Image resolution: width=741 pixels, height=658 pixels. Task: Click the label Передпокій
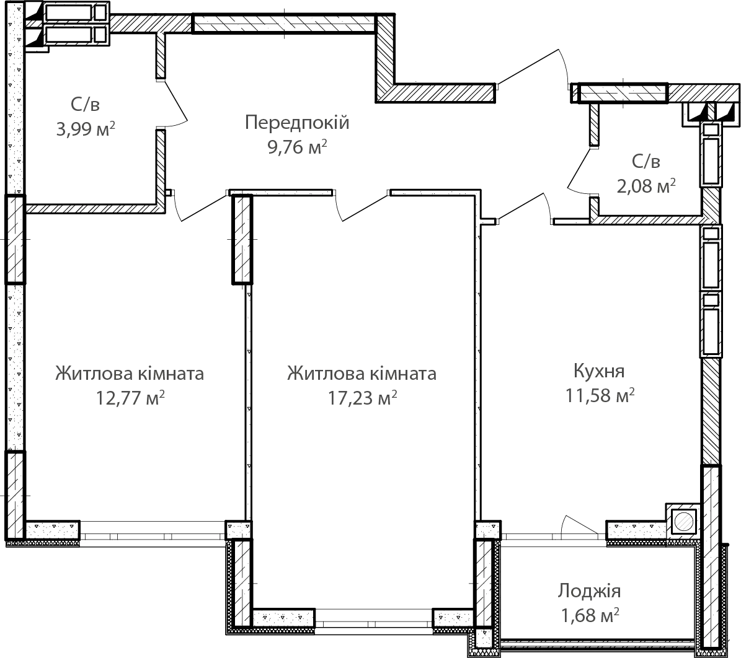coord(297,123)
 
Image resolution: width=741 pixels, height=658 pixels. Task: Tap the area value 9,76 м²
coord(297,147)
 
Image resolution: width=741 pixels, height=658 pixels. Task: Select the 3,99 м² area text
coord(86,128)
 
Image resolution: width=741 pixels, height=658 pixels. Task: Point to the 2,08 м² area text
coord(646,186)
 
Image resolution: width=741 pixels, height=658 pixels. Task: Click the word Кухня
coord(599,371)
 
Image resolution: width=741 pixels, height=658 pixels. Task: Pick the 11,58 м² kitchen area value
coord(599,395)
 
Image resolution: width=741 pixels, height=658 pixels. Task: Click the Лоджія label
coord(589,591)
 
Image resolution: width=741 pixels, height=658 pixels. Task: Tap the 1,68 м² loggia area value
coord(589,615)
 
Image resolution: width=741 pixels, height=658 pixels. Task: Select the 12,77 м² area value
coord(130,398)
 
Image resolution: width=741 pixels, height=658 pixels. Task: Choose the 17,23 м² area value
coord(362,398)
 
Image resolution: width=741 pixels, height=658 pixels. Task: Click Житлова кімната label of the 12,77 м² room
coord(130,374)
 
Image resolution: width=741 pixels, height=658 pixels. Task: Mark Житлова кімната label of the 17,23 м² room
coord(362,374)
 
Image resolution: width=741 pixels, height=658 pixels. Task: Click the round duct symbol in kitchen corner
coord(683,522)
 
